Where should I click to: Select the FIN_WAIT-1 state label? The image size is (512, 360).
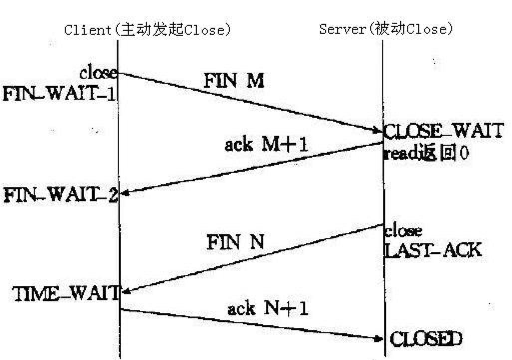59,93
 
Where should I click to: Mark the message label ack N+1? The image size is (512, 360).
268,309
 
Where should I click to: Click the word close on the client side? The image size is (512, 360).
98,74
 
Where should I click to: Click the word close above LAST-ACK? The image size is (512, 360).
403,231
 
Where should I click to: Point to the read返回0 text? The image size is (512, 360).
426,153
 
